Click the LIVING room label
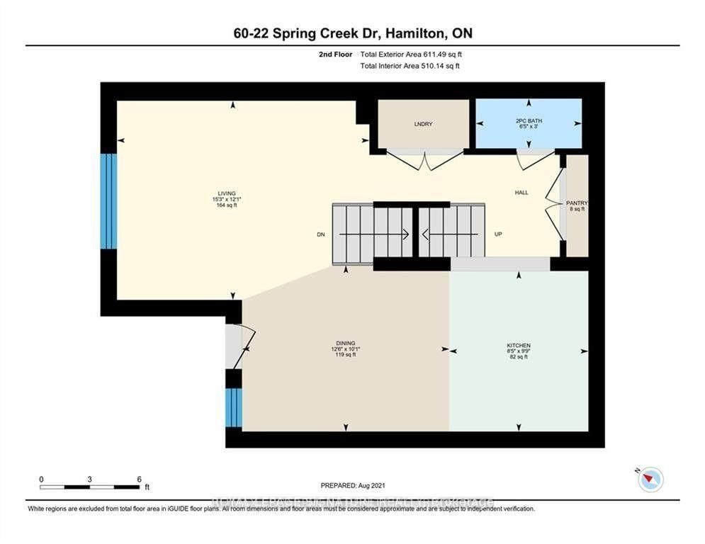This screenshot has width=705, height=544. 227,193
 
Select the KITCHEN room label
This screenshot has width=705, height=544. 519,345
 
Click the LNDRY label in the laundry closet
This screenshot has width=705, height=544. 423,124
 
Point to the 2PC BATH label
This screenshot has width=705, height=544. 529,121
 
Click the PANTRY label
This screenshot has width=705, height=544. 577,203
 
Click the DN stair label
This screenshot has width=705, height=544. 320,234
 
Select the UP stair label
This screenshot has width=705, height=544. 498,234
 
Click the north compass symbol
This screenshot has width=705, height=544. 649,480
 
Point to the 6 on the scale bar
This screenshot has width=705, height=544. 139,479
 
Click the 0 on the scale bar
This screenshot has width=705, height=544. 41,479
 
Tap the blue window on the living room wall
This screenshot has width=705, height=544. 108,201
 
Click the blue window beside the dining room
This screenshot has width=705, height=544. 234,408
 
